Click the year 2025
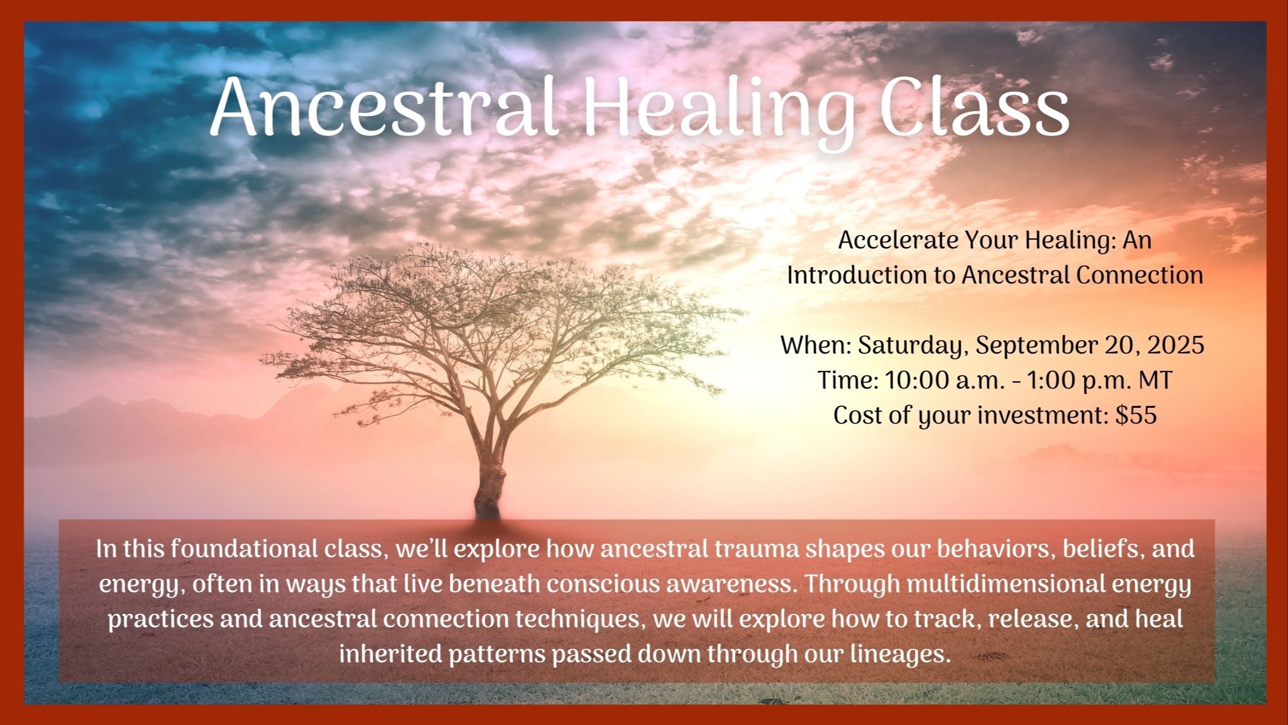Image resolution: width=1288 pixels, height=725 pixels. (1176, 345)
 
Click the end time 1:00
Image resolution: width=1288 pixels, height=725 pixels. (1053, 381)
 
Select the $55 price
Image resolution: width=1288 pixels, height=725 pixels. (1136, 416)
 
